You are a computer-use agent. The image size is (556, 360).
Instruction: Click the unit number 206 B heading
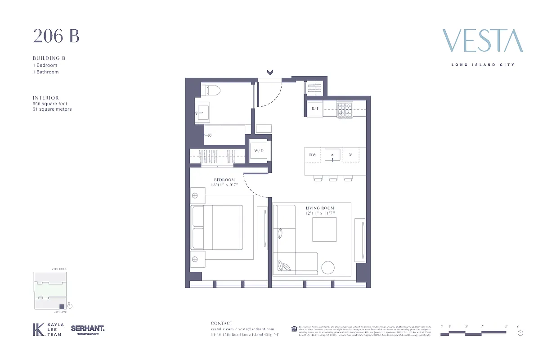coord(56,36)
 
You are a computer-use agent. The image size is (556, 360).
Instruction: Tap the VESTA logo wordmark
coord(483,41)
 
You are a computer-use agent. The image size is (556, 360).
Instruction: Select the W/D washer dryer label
coord(259,151)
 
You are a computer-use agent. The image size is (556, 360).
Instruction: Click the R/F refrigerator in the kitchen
coord(315,108)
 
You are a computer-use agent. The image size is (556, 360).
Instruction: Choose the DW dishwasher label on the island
coord(313,155)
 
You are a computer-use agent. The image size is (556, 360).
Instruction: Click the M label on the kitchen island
coord(351,155)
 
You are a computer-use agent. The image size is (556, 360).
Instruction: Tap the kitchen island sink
coord(332,155)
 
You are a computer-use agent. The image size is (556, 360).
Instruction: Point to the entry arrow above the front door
coord(270,72)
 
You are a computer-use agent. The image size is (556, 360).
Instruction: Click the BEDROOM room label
coord(224,180)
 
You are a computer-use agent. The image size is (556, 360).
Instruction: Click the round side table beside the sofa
coord(328,267)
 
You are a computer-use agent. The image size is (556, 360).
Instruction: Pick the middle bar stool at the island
coord(333,179)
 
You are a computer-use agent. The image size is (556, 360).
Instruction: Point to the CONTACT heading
coord(222,323)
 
